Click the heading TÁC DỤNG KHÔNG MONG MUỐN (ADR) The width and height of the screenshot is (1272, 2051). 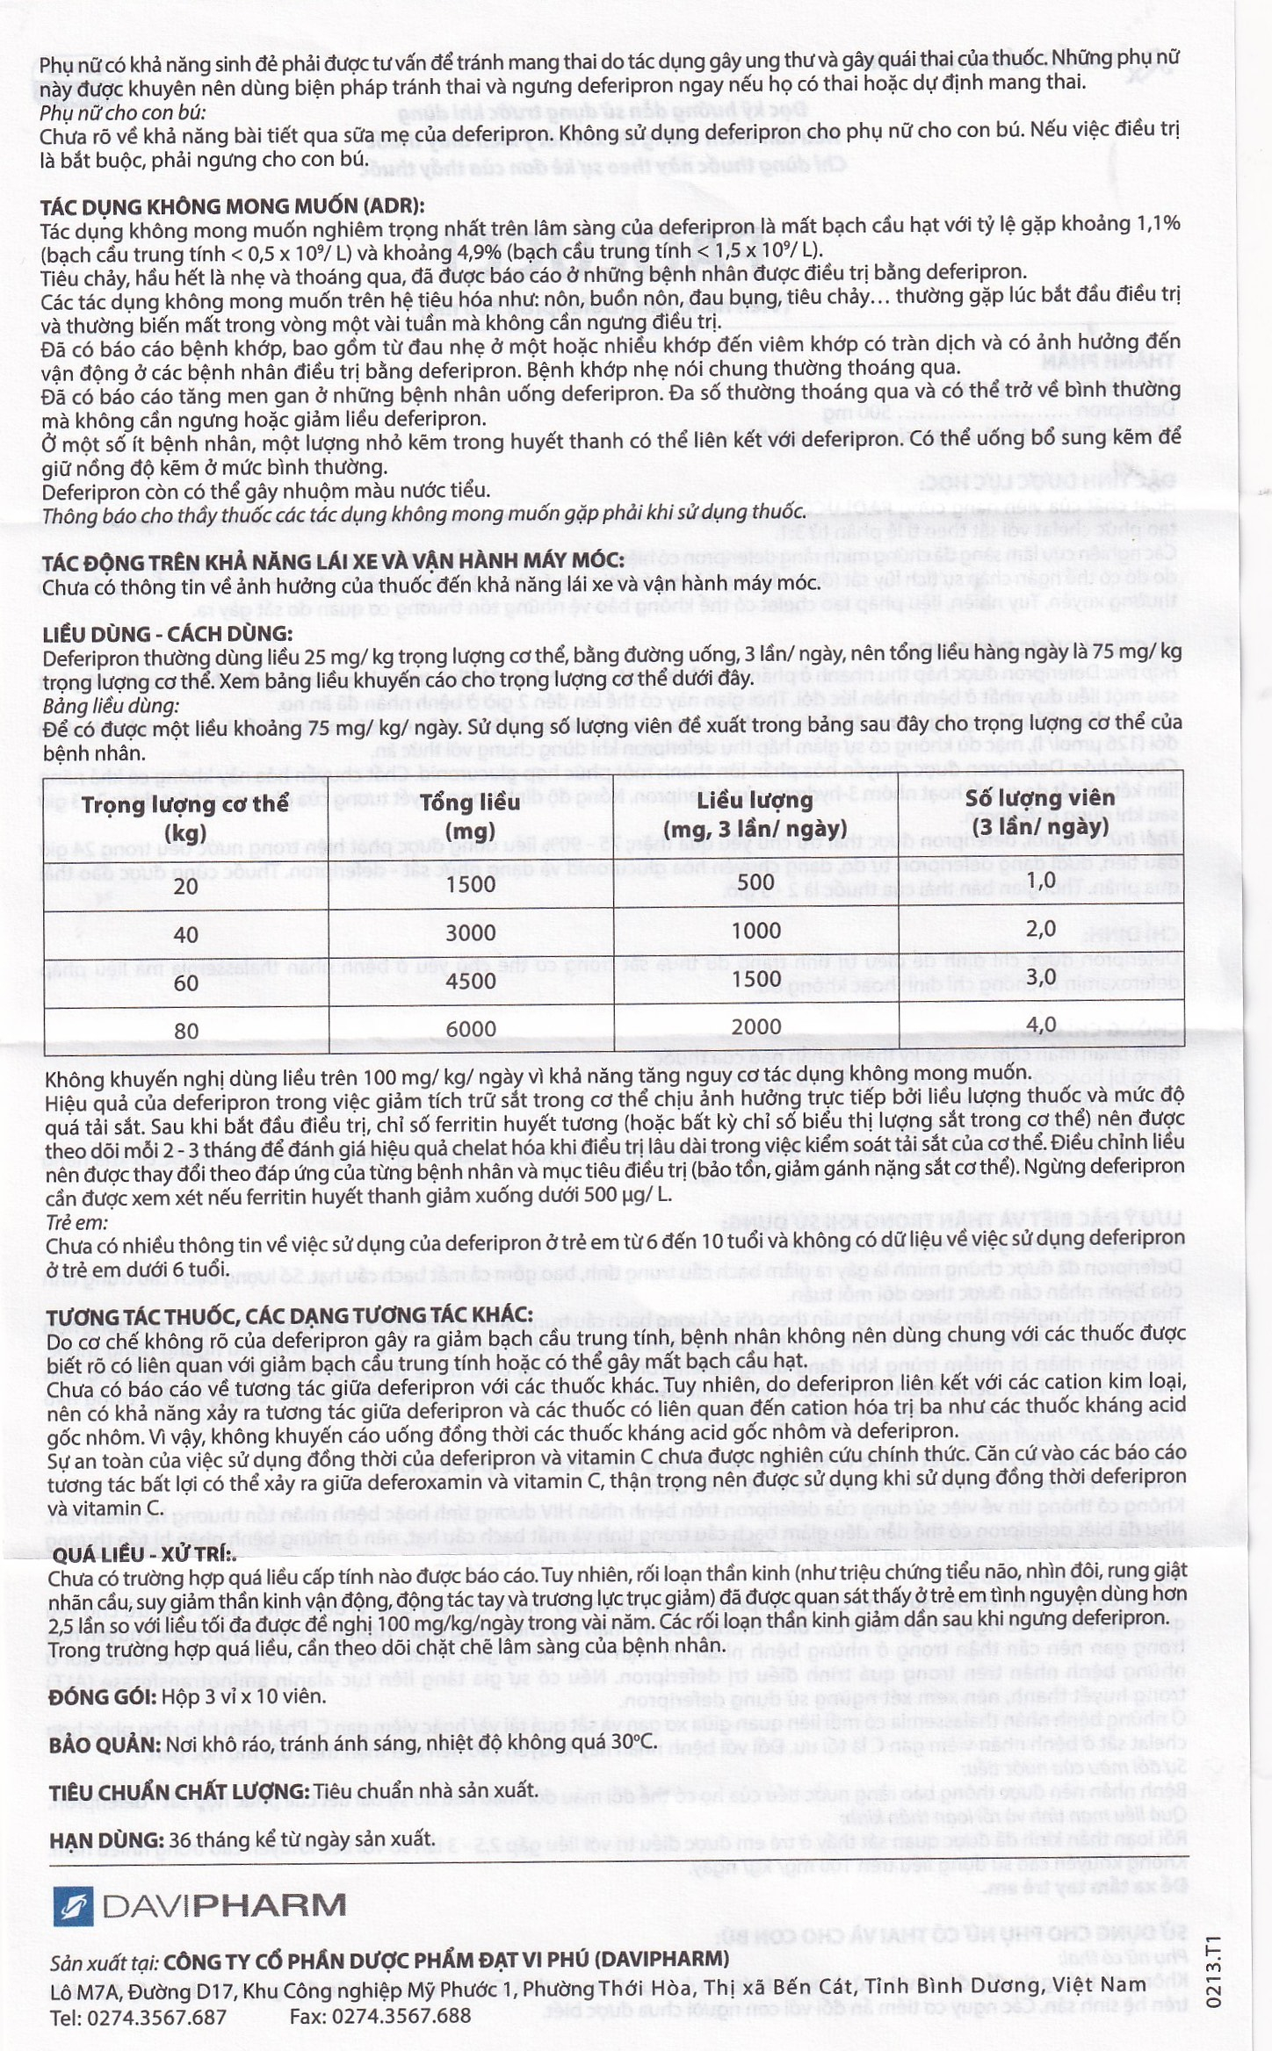point(232,206)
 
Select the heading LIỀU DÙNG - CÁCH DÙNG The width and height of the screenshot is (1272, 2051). point(167,634)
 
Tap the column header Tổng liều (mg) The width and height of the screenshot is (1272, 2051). point(471,817)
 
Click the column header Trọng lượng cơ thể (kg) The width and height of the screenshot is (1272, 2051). point(185,818)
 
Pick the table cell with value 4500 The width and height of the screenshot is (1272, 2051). point(471,980)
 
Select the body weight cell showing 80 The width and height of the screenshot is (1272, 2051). point(186,1030)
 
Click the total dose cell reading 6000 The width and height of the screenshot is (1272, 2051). point(471,1028)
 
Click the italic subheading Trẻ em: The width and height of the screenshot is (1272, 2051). point(76,1222)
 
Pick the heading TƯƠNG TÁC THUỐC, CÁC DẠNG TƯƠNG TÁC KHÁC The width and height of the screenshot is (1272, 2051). point(288,1315)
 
